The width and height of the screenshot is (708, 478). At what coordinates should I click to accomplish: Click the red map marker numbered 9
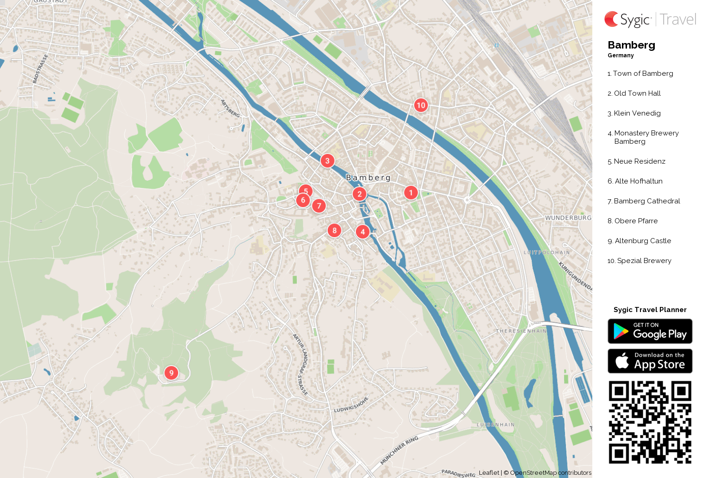tap(171, 373)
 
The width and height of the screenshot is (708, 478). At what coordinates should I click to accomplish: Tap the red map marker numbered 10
tap(421, 105)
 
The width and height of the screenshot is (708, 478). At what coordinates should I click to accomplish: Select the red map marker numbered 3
tap(327, 161)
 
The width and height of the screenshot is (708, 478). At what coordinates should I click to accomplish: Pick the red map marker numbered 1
tap(410, 193)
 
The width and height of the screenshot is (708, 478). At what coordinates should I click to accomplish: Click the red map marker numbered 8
tap(335, 230)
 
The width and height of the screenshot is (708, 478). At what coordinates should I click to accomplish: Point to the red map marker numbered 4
tap(363, 232)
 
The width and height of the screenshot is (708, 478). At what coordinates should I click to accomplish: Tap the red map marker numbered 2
tap(360, 194)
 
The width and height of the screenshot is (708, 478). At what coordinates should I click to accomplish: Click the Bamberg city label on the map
tap(368, 178)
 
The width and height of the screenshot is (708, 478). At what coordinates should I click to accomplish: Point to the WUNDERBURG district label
tap(568, 218)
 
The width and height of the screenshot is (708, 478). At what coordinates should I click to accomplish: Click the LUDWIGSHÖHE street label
tap(351, 404)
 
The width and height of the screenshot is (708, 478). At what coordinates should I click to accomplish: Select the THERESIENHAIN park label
tap(521, 331)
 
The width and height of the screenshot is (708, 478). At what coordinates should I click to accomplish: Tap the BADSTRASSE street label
tap(40, 69)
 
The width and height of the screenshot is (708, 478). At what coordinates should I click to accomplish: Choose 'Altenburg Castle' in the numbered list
tap(643, 241)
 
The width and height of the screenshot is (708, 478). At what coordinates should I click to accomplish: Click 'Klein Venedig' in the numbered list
tap(637, 113)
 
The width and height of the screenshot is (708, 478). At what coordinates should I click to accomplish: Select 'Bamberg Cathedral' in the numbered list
tap(646, 201)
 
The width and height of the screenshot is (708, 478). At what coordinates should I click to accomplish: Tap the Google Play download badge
tap(650, 331)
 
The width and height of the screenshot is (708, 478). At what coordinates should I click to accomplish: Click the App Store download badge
tap(650, 361)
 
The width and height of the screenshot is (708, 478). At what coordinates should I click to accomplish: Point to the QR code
tap(650, 422)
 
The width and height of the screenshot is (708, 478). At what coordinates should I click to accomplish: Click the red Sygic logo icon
tap(612, 19)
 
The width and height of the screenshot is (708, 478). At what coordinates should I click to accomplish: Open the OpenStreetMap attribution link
tap(533, 473)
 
